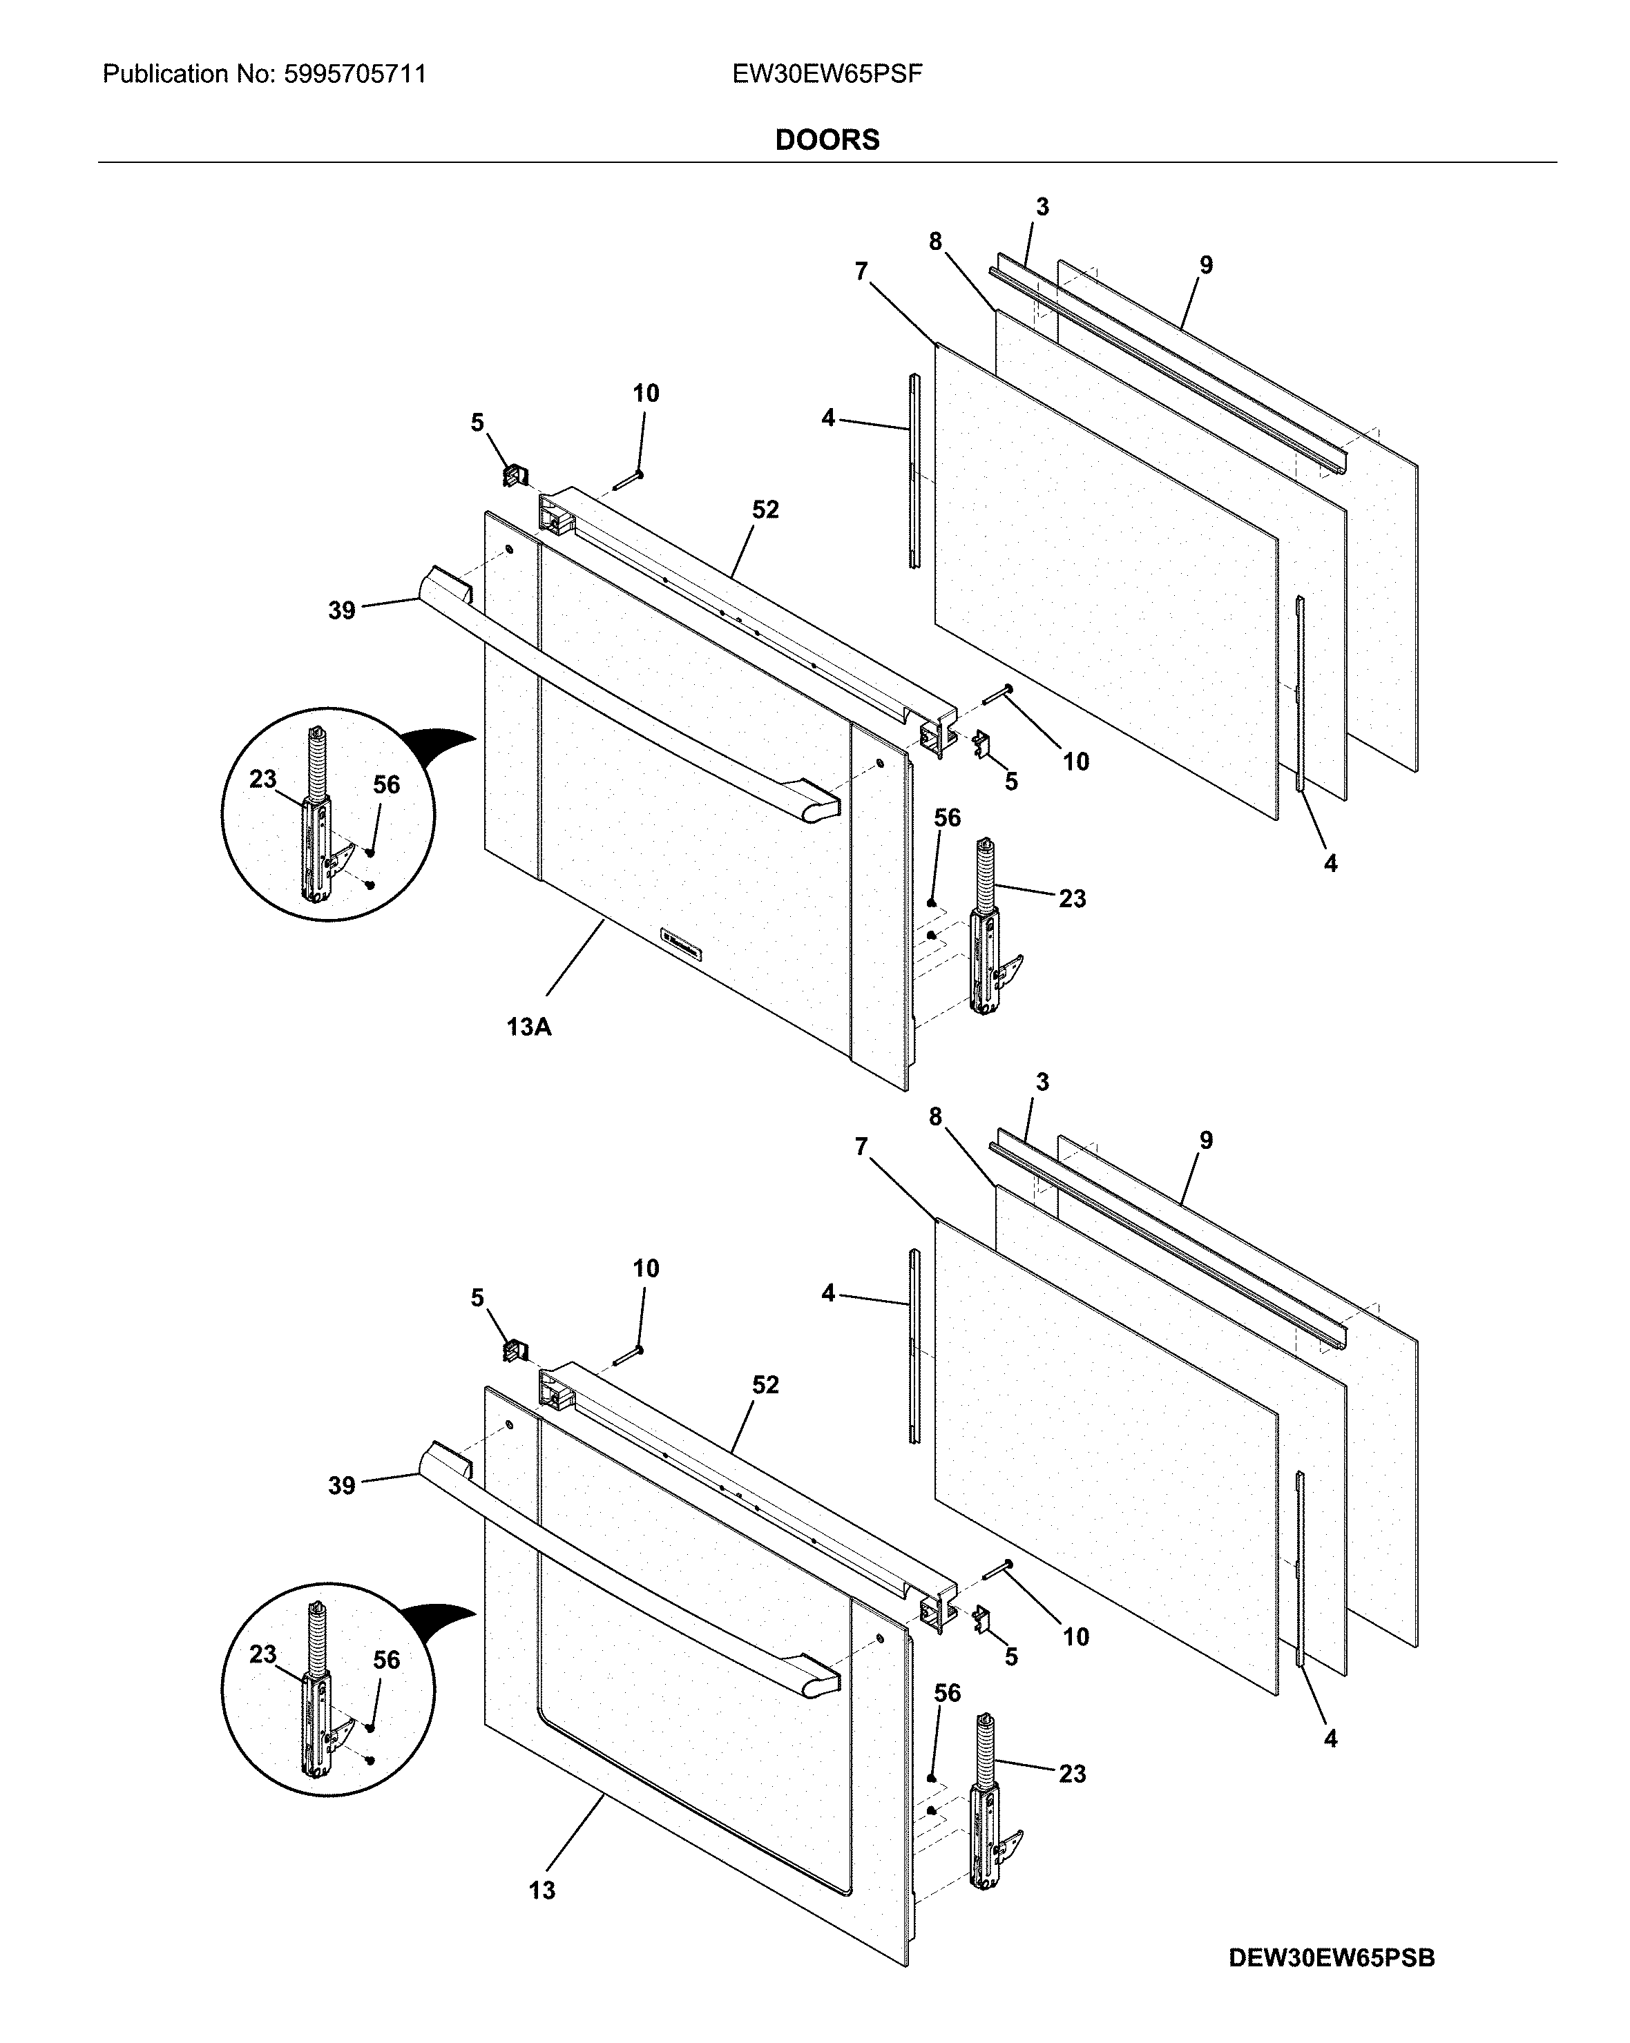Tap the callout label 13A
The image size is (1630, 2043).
click(528, 1026)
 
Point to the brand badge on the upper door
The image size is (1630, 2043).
click(680, 944)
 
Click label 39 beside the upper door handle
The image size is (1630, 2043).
click(342, 610)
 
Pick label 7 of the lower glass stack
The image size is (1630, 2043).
click(861, 1147)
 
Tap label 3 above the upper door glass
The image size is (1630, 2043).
click(1042, 206)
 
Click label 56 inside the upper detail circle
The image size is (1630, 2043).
click(385, 784)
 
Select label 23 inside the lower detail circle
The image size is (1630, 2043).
click(262, 1654)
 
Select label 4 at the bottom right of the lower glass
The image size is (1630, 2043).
click(1330, 1738)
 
